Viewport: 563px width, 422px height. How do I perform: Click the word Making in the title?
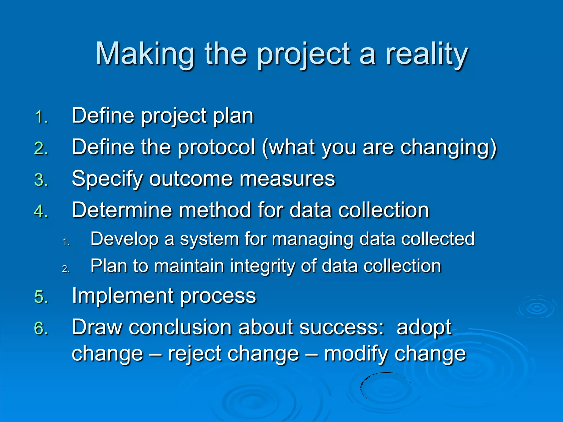145,54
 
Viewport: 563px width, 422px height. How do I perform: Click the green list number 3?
42,180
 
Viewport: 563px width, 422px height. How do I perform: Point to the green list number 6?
42,328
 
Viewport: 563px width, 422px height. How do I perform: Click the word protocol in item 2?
216,148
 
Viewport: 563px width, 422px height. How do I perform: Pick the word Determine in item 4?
122,210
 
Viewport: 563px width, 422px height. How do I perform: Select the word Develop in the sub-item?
125,239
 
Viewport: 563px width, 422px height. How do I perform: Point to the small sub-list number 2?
66,269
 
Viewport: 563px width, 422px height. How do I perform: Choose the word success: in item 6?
341,327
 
